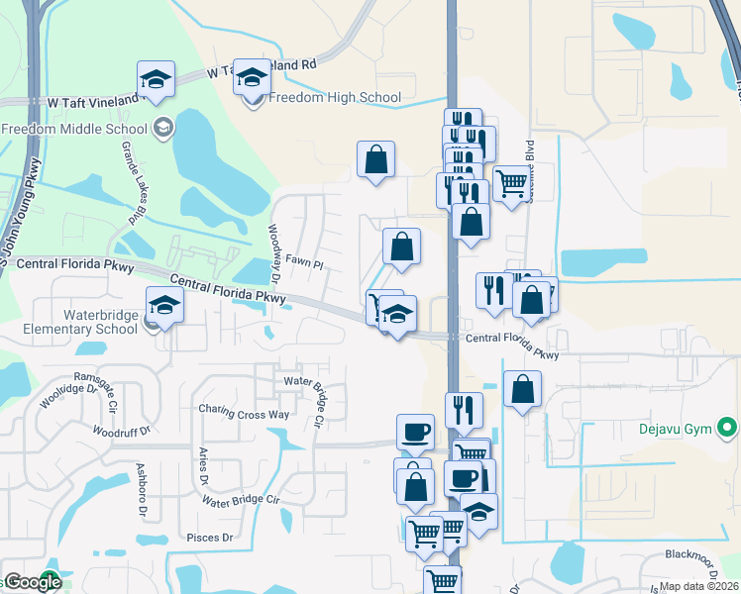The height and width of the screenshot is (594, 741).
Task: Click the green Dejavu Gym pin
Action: (x=728, y=429)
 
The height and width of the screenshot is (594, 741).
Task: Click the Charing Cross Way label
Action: (x=244, y=409)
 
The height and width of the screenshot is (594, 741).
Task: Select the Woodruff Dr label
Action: (x=120, y=432)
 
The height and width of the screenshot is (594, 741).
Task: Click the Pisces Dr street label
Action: (x=209, y=539)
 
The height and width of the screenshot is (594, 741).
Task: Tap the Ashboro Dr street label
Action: (x=141, y=489)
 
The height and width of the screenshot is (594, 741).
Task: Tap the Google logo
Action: (x=32, y=582)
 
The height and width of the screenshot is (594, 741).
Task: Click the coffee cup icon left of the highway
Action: (x=415, y=432)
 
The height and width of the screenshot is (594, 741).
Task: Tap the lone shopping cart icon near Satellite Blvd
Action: (x=511, y=183)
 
